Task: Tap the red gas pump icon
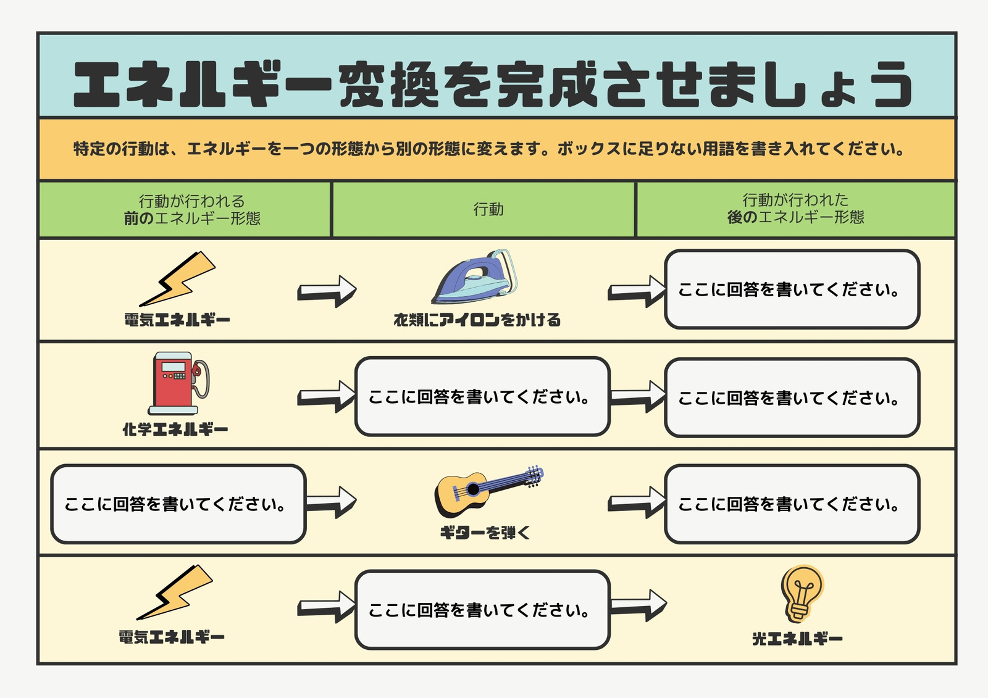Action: [178, 383]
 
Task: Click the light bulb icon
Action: [802, 594]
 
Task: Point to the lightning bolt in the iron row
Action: [177, 279]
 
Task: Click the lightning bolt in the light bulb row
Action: [175, 592]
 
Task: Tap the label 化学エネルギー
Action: [175, 429]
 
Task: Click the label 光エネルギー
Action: [797, 639]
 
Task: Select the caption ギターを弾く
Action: [485, 533]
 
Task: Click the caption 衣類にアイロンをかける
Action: [477, 320]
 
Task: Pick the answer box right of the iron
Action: [792, 289]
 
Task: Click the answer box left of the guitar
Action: [178, 504]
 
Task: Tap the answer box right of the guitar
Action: [792, 504]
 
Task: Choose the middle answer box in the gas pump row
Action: [482, 397]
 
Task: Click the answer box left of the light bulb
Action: [482, 610]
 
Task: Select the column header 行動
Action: [488, 209]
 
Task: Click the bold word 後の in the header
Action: [742, 217]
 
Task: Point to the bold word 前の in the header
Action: [138, 218]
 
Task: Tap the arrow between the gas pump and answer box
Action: [326, 396]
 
